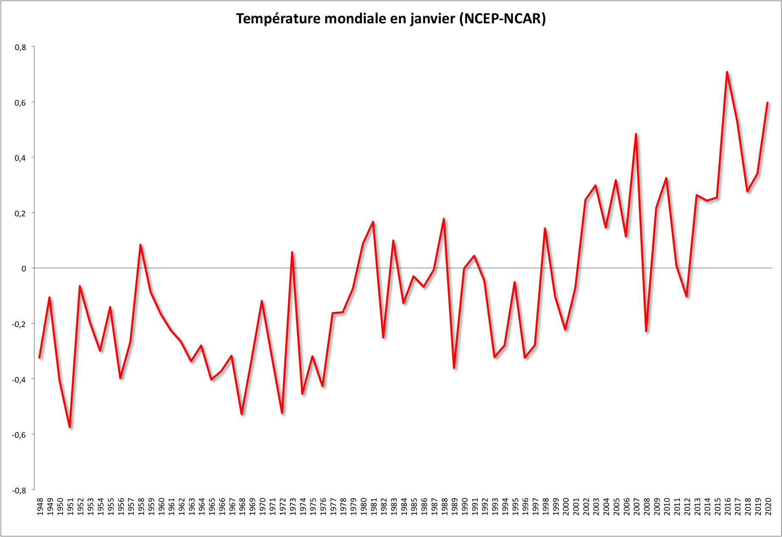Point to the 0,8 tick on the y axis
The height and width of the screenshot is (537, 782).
click(20, 47)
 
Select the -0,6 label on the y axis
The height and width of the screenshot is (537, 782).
click(19, 435)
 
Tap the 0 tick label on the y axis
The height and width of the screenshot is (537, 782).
click(24, 268)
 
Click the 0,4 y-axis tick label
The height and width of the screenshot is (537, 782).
click(20, 158)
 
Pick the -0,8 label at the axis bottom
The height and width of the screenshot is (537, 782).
click(19, 490)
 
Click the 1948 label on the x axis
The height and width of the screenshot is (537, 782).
click(40, 506)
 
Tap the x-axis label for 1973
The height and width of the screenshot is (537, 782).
click(293, 506)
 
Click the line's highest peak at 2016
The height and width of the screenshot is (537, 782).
click(727, 72)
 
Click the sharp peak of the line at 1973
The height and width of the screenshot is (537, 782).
click(292, 252)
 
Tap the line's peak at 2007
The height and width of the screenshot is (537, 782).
click(636, 134)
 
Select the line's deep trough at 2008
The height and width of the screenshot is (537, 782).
click(646, 331)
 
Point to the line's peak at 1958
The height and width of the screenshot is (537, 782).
click(140, 245)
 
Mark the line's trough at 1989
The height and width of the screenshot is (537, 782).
click(454, 368)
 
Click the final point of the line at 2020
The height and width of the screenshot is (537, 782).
click(767, 103)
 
